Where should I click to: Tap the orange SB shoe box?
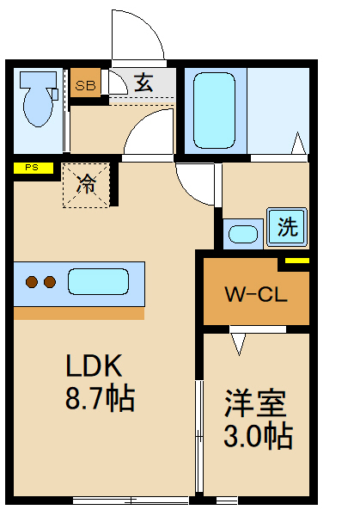coord(85,84)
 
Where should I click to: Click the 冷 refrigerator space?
coord(87,184)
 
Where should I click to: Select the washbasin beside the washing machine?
coord(244,234)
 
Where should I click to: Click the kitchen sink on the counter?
coord(98,281)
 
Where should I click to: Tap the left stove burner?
coord(32,281)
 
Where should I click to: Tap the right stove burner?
coord(49,281)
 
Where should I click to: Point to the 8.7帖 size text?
coord(101,400)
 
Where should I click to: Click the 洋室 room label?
coord(256,402)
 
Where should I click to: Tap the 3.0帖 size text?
coord(258,435)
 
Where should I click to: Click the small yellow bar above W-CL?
coord(296,261)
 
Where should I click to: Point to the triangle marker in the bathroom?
coord(299,144)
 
